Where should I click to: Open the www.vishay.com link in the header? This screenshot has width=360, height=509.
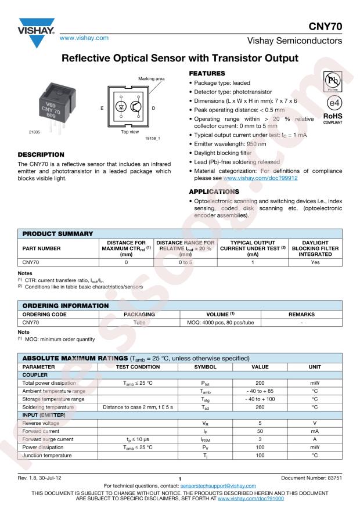[85, 37]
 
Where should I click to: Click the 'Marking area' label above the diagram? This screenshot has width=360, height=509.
[152, 78]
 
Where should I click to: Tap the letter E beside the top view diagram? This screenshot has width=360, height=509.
[102, 109]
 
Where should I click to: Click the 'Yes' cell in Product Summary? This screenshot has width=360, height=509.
[316, 262]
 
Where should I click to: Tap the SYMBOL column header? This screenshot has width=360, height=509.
[204, 367]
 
